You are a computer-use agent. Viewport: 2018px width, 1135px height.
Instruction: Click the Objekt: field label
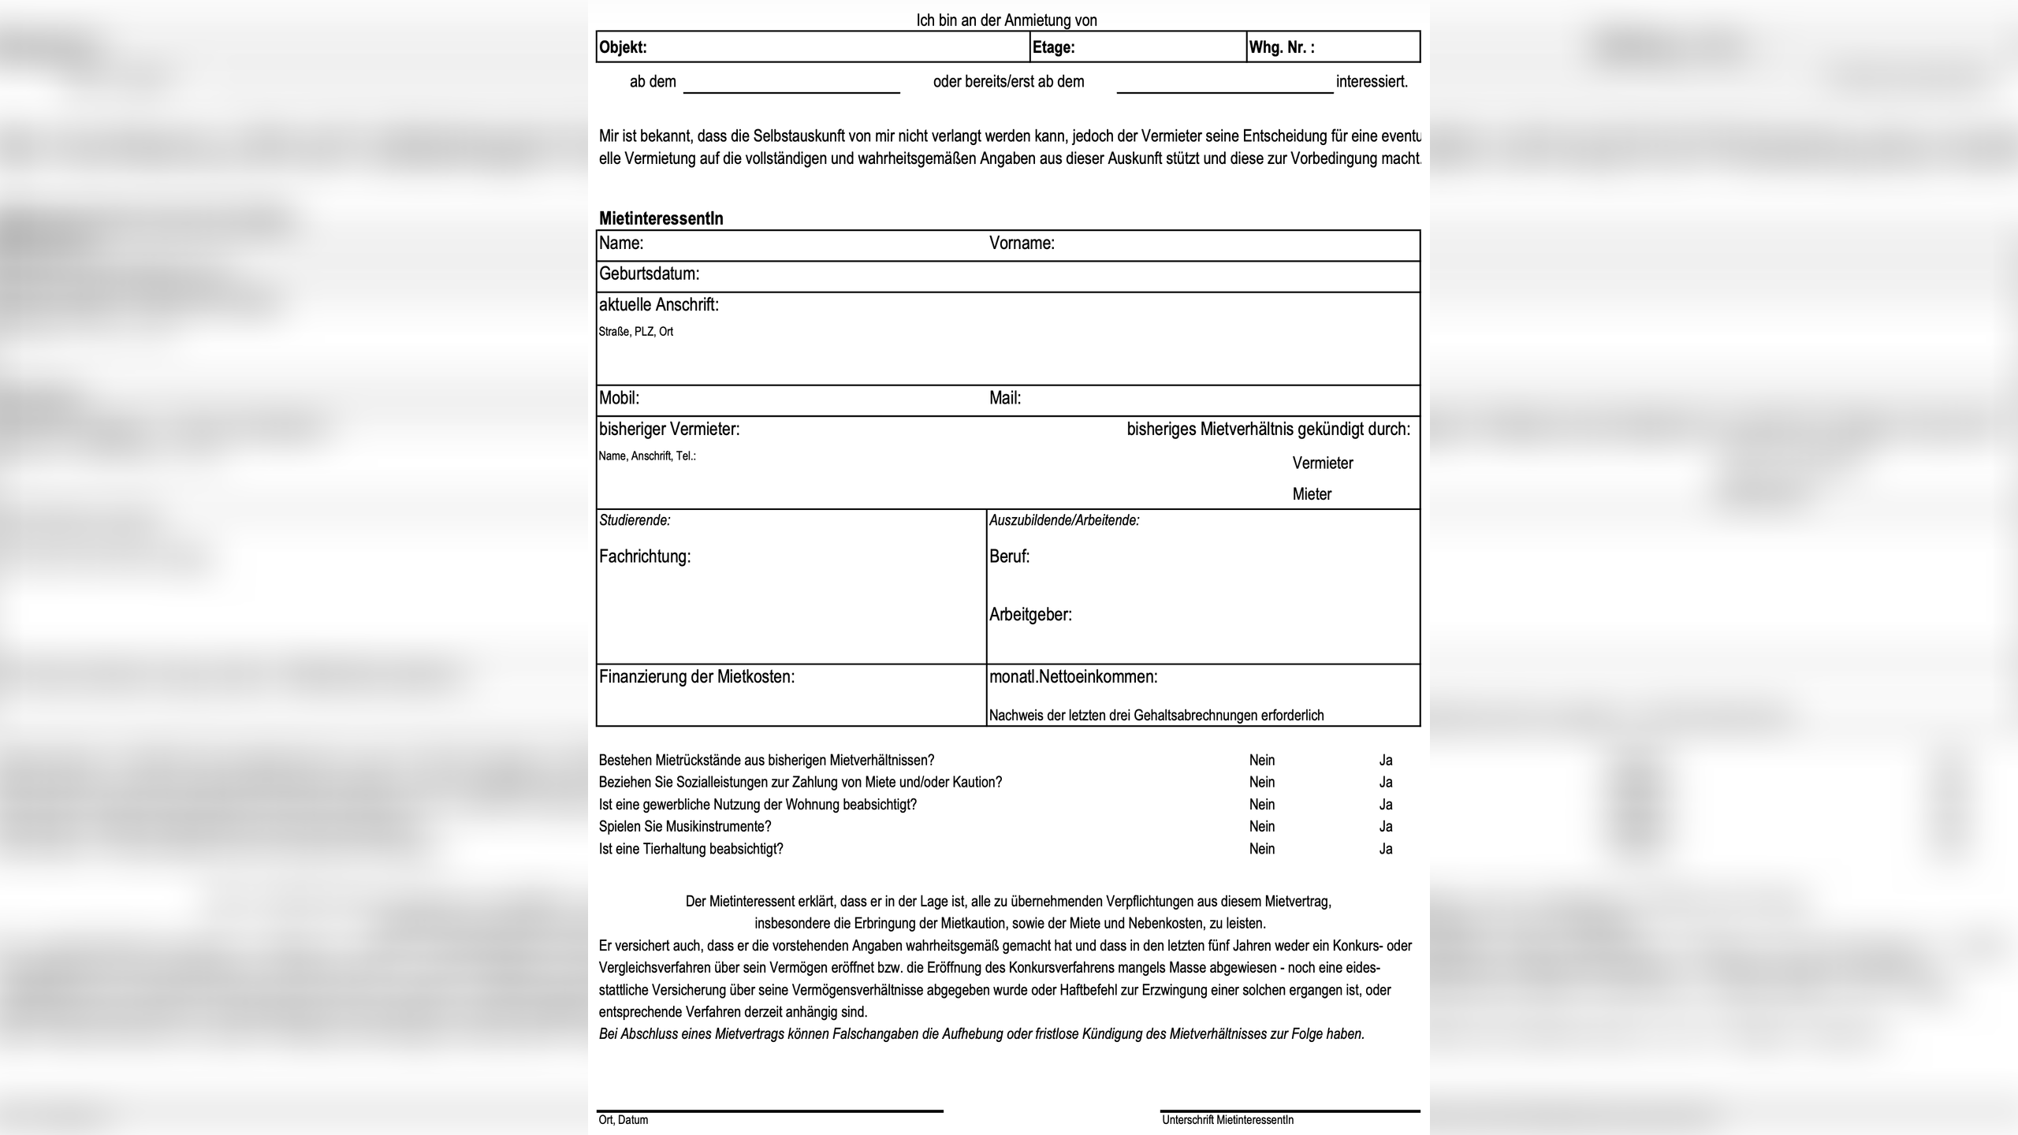click(623, 47)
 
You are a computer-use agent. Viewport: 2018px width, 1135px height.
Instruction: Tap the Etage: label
click(1053, 47)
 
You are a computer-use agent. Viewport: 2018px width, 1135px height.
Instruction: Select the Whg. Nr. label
click(1281, 47)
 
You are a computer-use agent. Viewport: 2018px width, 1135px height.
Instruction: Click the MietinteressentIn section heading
click(661, 218)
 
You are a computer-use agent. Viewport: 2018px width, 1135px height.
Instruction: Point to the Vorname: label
click(1022, 244)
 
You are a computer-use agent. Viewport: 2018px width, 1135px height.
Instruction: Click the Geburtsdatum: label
click(649, 274)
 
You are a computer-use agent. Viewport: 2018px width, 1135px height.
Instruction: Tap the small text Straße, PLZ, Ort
click(635, 332)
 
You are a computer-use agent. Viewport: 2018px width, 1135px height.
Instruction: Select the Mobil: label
click(619, 398)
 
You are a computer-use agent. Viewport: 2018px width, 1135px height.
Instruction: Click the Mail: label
click(1005, 398)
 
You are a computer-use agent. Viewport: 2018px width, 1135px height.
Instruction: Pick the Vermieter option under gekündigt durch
click(1322, 463)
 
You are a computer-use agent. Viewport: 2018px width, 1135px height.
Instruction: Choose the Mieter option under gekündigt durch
click(1312, 494)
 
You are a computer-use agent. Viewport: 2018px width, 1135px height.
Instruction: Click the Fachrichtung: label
click(644, 556)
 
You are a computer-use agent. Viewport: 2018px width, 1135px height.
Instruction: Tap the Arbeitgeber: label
click(1030, 615)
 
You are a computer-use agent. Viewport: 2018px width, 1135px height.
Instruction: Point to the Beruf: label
click(1009, 556)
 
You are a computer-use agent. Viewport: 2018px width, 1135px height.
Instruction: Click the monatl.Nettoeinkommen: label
click(1073, 677)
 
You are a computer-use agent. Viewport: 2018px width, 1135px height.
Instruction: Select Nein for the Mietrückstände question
click(1261, 761)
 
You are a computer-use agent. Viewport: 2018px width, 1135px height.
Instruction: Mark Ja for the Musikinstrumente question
click(1385, 827)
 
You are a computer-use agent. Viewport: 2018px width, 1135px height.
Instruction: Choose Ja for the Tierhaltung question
click(1385, 849)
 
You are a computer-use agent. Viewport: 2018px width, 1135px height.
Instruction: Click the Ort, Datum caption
click(623, 1120)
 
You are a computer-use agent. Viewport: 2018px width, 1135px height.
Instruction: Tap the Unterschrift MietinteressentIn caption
click(1227, 1120)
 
